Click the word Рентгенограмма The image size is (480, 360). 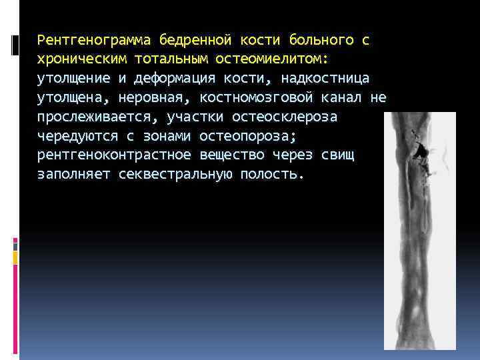(96, 39)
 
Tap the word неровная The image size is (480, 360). (154, 97)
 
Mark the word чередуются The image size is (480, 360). (73, 136)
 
